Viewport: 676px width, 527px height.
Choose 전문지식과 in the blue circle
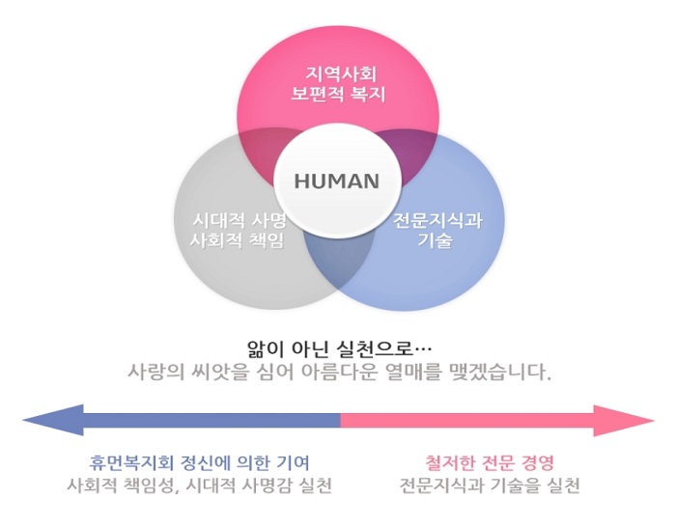437,219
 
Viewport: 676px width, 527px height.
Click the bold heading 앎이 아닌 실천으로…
338,347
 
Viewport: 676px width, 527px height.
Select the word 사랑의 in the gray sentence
155,371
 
